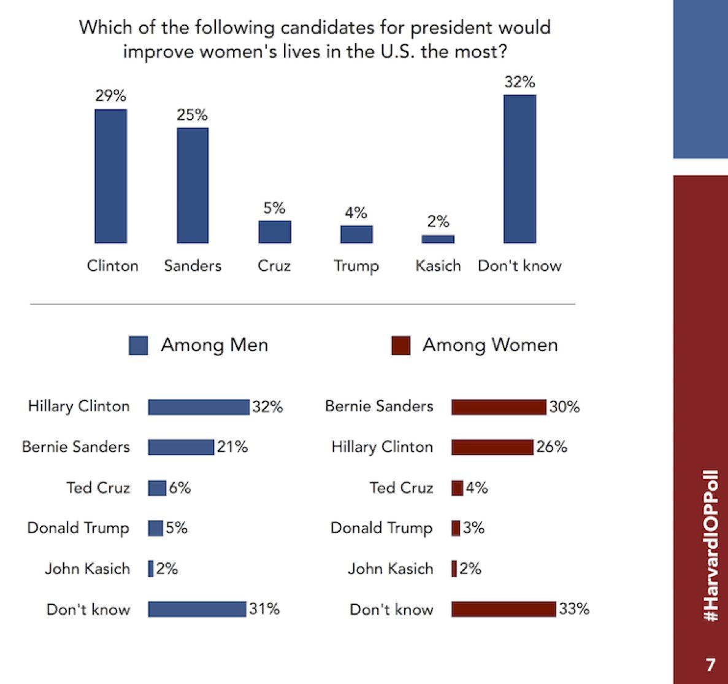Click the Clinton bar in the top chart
click(x=110, y=176)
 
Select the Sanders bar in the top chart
click(x=193, y=185)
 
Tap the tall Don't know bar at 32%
click(x=519, y=169)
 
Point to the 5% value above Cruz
click(x=274, y=208)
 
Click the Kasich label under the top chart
click(x=438, y=266)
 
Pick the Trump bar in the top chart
click(x=356, y=234)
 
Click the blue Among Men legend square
click(x=138, y=346)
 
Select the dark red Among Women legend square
click(x=400, y=346)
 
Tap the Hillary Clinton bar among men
click(x=199, y=406)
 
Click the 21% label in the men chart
click(x=232, y=447)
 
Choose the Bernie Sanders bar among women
click(x=499, y=406)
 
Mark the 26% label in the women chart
click(x=551, y=447)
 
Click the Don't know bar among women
click(x=504, y=609)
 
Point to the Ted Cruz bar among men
click(x=157, y=488)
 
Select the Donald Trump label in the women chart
click(x=381, y=528)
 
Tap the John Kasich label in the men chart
click(x=87, y=569)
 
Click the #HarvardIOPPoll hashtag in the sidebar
click(x=710, y=546)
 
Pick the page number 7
click(x=710, y=664)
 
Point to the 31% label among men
click(x=264, y=609)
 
